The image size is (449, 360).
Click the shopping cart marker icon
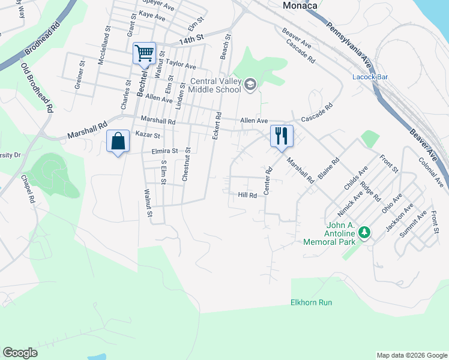point(144,53)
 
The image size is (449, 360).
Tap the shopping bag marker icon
point(118,142)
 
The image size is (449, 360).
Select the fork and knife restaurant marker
point(281,136)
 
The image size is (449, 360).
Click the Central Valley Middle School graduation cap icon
point(250,85)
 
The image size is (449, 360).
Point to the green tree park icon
point(364,231)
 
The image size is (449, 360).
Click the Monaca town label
point(300,5)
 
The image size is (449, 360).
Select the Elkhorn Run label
point(311,302)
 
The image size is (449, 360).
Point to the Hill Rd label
point(247,195)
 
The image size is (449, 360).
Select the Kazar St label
point(147,136)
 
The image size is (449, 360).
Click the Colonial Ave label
point(432,171)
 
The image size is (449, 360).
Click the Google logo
point(20,353)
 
